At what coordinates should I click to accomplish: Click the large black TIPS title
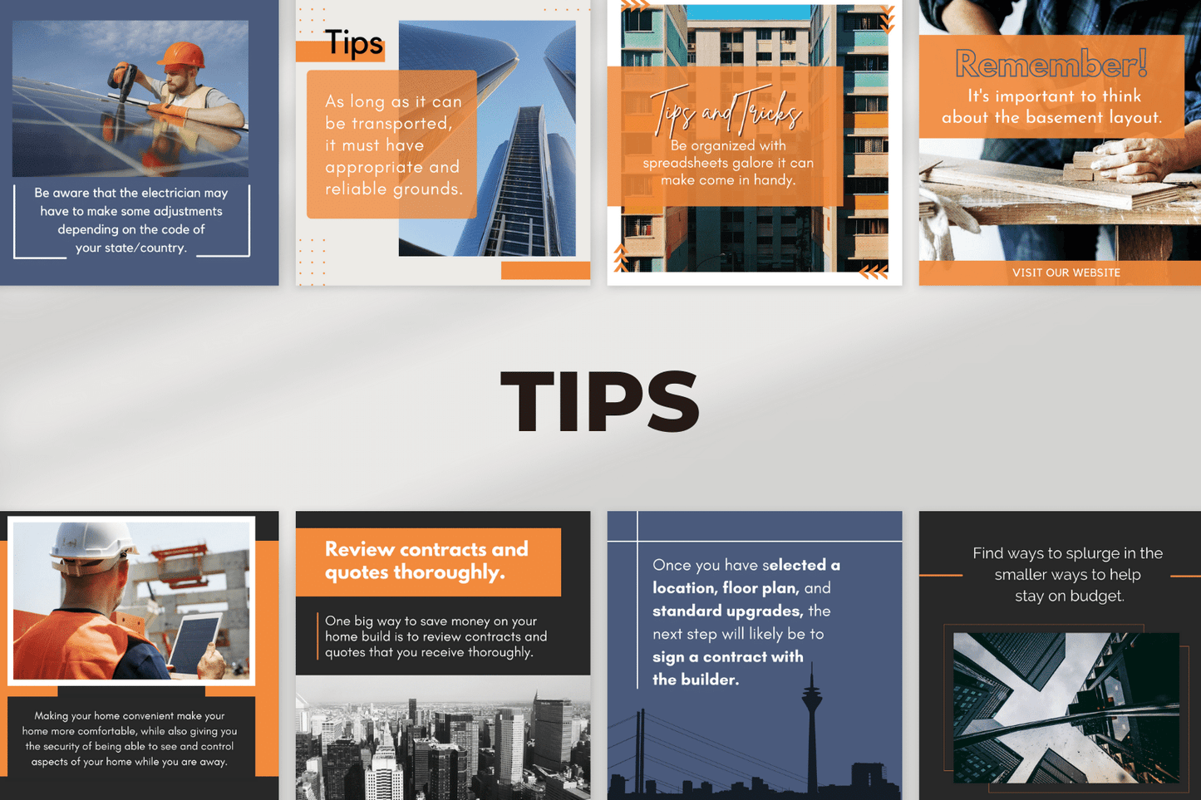(x=599, y=402)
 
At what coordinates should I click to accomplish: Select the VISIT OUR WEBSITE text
(x=1066, y=272)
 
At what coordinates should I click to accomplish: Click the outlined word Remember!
(x=1051, y=65)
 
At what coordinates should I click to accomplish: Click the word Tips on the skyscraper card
(x=353, y=42)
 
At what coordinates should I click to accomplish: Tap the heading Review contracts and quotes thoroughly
(x=426, y=561)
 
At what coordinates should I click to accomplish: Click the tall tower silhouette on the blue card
(x=811, y=723)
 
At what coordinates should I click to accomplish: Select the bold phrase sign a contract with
(x=727, y=657)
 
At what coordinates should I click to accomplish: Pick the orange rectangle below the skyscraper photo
(x=545, y=270)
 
